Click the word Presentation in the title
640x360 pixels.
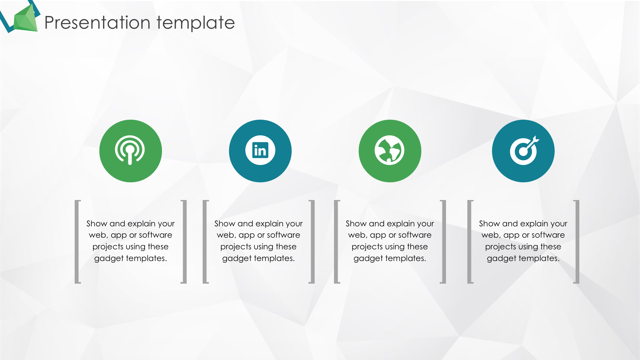(97, 23)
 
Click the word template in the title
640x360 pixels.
(196, 23)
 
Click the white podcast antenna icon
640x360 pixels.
(130, 150)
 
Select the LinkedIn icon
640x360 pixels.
(260, 150)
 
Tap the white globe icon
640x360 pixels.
(389, 150)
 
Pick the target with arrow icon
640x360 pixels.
(524, 150)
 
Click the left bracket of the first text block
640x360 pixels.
(77, 242)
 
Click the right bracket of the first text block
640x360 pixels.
(184, 242)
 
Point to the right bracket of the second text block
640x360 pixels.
(312, 242)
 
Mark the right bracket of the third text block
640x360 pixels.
(444, 242)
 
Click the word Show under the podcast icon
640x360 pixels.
(97, 223)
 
